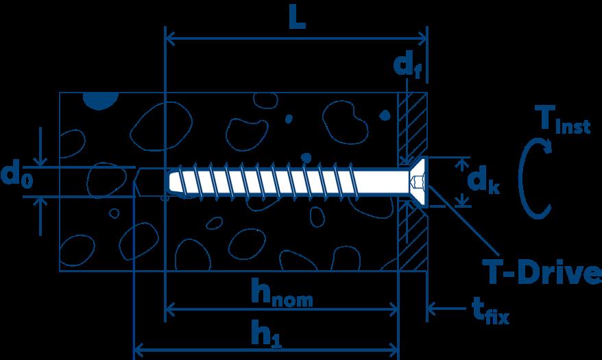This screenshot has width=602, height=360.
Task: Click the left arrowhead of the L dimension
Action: (x=171, y=36)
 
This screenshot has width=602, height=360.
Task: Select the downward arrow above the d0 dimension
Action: (x=43, y=160)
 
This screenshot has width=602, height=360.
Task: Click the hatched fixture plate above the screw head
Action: (x=413, y=123)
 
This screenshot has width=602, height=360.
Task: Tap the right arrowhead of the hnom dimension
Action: (x=393, y=310)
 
